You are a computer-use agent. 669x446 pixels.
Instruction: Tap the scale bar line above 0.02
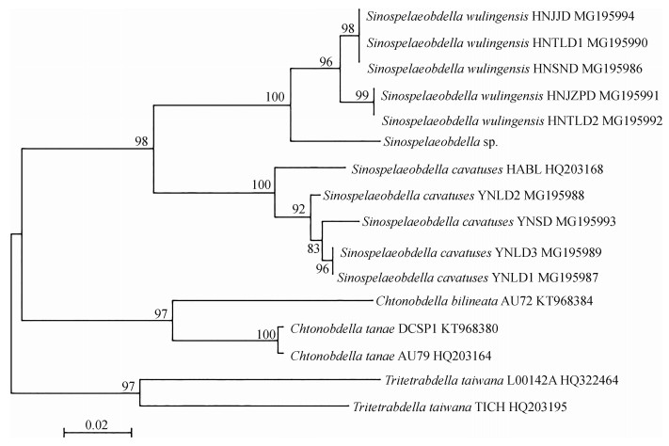[97, 432]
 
